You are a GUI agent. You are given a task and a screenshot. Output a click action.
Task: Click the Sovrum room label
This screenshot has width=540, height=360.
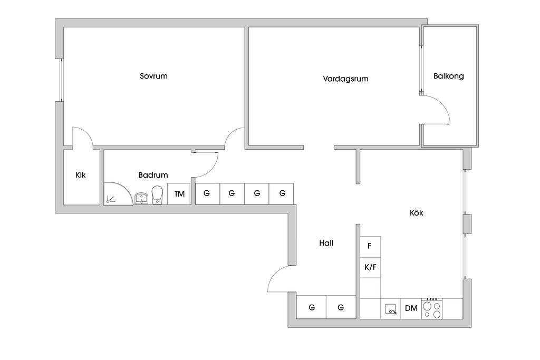[x=153, y=76]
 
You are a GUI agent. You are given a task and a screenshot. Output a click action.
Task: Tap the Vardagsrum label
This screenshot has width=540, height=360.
[x=345, y=79]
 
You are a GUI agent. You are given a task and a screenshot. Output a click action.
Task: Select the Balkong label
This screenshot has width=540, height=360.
[x=449, y=76]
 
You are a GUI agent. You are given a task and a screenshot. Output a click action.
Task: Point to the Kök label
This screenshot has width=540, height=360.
[x=417, y=213]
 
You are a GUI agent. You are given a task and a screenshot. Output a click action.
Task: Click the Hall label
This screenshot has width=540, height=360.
[x=326, y=243]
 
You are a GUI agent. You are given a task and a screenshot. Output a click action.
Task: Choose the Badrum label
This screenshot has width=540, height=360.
[x=153, y=175]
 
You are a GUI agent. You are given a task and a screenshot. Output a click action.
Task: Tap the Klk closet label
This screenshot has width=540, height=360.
[x=81, y=175]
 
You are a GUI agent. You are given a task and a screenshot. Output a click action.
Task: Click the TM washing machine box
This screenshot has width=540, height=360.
[x=179, y=194]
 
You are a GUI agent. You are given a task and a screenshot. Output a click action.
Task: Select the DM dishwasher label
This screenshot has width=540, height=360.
[x=411, y=308]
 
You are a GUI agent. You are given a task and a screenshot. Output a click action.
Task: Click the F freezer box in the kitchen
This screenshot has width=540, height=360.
[x=370, y=246]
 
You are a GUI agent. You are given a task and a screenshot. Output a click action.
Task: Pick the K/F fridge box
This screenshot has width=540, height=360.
[x=370, y=267]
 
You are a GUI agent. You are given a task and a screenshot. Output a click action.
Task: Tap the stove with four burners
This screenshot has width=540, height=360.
[x=432, y=308]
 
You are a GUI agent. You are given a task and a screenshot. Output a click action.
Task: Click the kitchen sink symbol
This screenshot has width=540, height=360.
[x=391, y=308]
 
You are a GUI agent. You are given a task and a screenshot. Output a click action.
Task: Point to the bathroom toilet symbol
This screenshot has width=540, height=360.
[x=157, y=194]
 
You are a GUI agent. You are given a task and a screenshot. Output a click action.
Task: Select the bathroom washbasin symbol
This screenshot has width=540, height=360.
[x=141, y=198]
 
